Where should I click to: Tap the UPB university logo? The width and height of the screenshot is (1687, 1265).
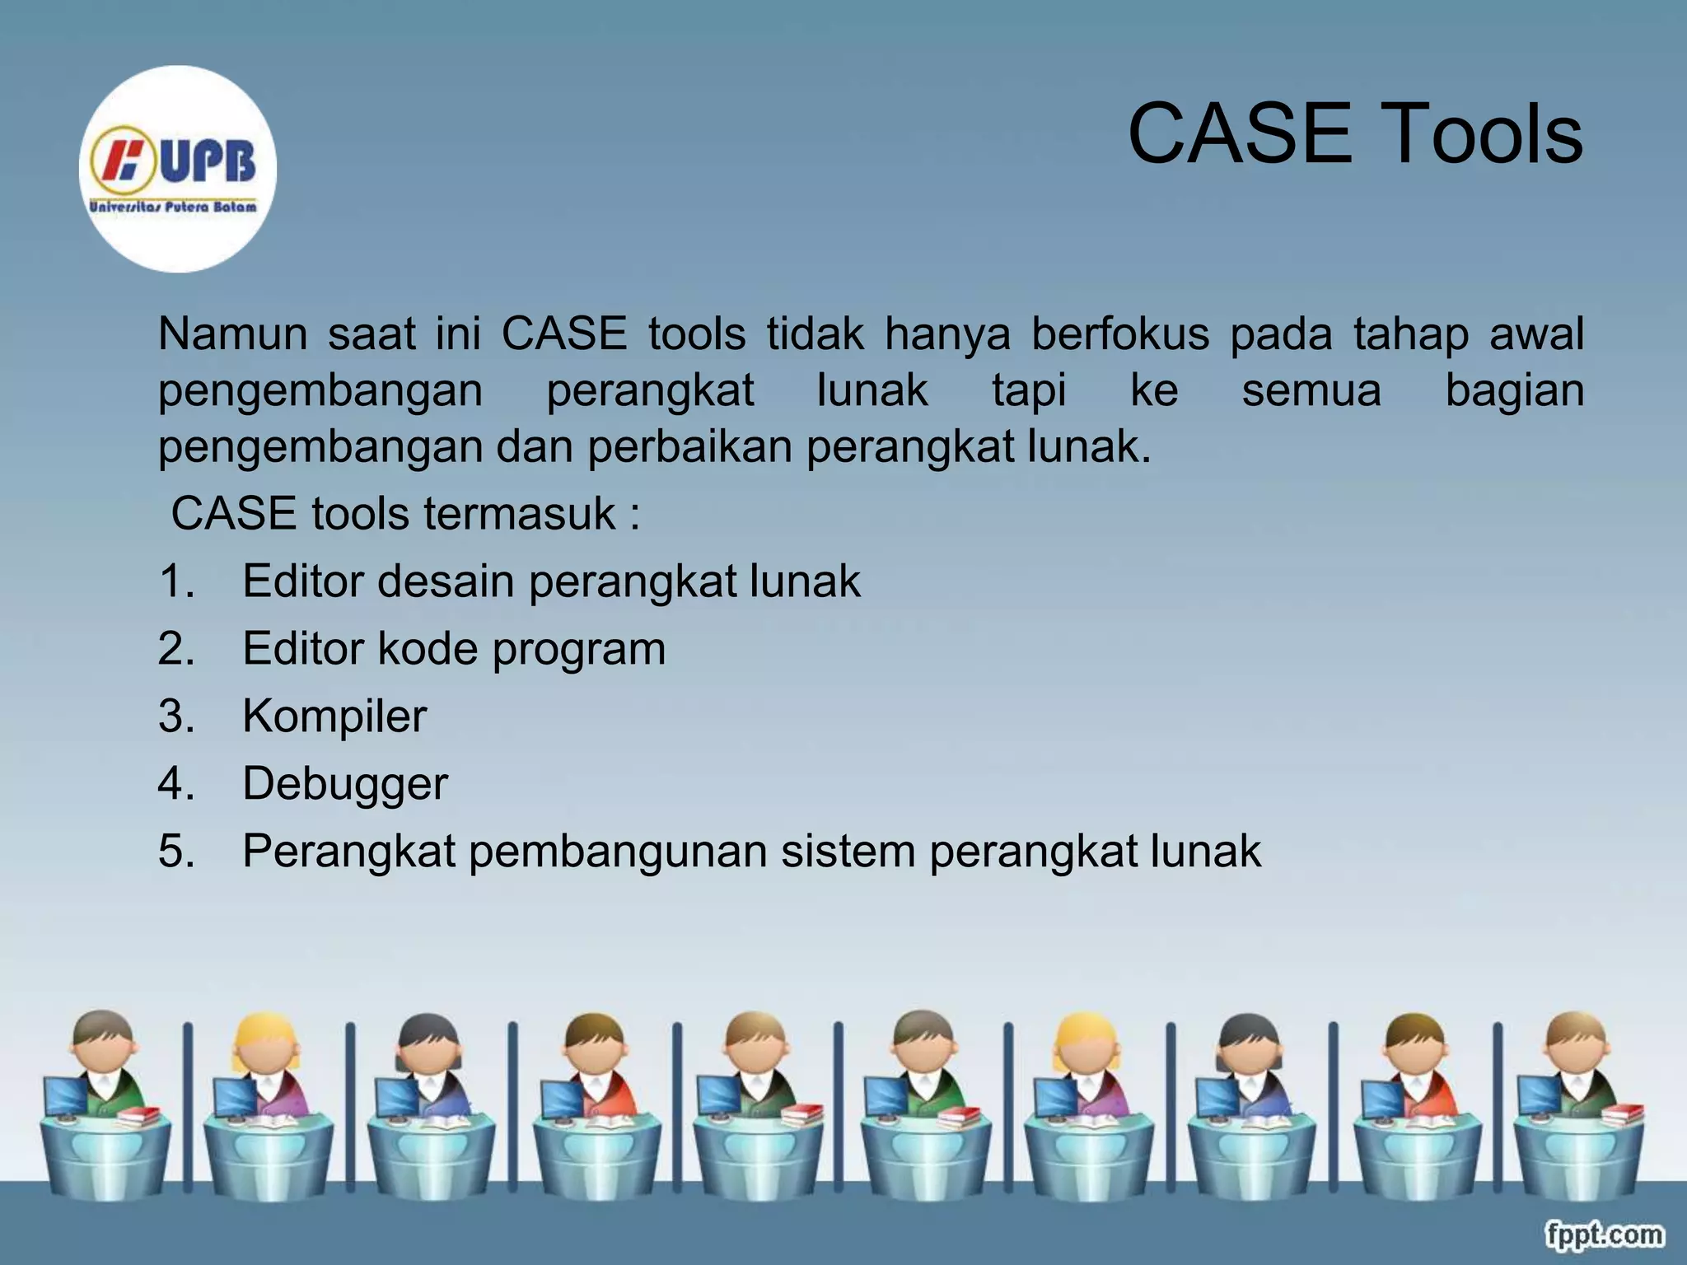[177, 169]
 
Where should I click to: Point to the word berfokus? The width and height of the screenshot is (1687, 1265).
[1120, 334]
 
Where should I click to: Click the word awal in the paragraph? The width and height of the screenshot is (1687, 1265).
[1536, 334]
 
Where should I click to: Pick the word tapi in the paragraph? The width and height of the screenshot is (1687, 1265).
[1029, 390]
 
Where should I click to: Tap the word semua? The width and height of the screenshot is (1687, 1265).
[1311, 390]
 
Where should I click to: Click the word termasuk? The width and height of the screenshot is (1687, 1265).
[520, 514]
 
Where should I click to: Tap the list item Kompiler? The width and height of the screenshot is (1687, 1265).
[334, 716]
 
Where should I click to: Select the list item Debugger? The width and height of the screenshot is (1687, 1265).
[345, 783]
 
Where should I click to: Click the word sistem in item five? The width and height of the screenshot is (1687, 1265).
[848, 851]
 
